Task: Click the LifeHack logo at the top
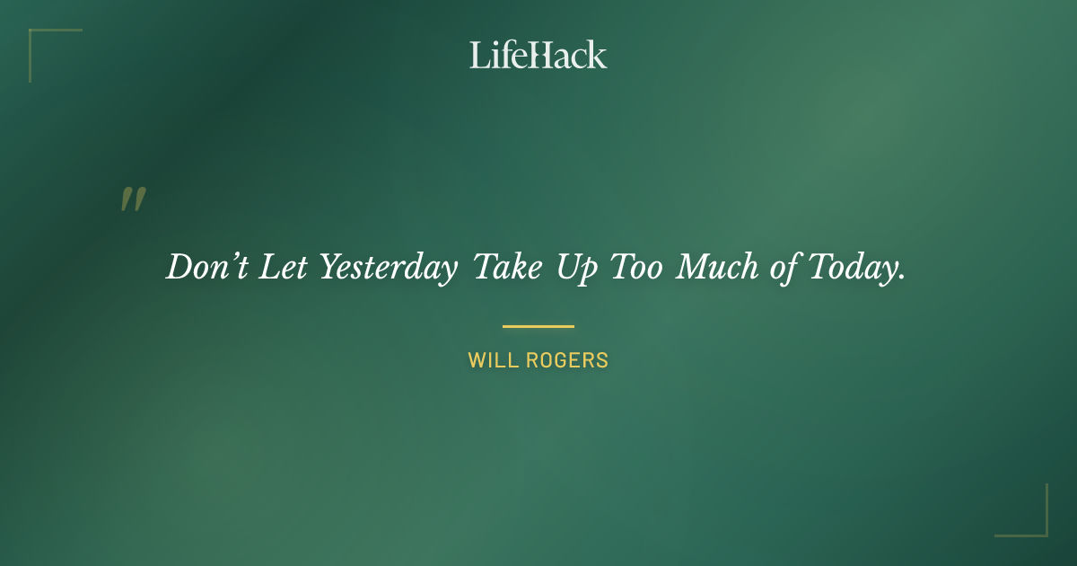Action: click(x=538, y=55)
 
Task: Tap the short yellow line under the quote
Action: click(x=538, y=326)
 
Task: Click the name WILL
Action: click(x=489, y=361)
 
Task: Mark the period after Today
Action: click(x=900, y=278)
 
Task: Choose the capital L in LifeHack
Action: click(x=478, y=56)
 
